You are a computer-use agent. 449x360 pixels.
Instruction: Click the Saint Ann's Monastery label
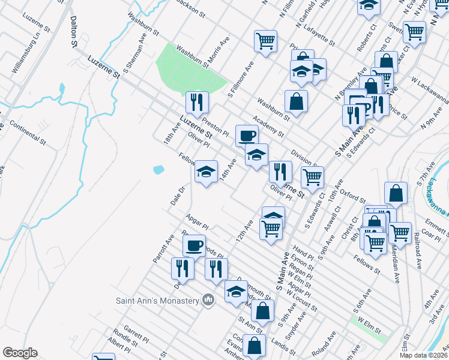[157, 300]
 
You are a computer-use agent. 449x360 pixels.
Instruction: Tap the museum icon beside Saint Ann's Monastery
[208, 299]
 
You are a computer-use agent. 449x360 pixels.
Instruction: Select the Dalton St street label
[74, 32]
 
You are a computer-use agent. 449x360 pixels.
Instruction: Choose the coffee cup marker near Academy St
[246, 136]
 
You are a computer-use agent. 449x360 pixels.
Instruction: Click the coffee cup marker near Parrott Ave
[194, 245]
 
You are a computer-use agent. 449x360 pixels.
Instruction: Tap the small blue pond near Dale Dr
[158, 170]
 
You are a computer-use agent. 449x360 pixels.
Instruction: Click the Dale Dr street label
[176, 196]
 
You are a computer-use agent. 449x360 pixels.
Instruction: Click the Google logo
[20, 353]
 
